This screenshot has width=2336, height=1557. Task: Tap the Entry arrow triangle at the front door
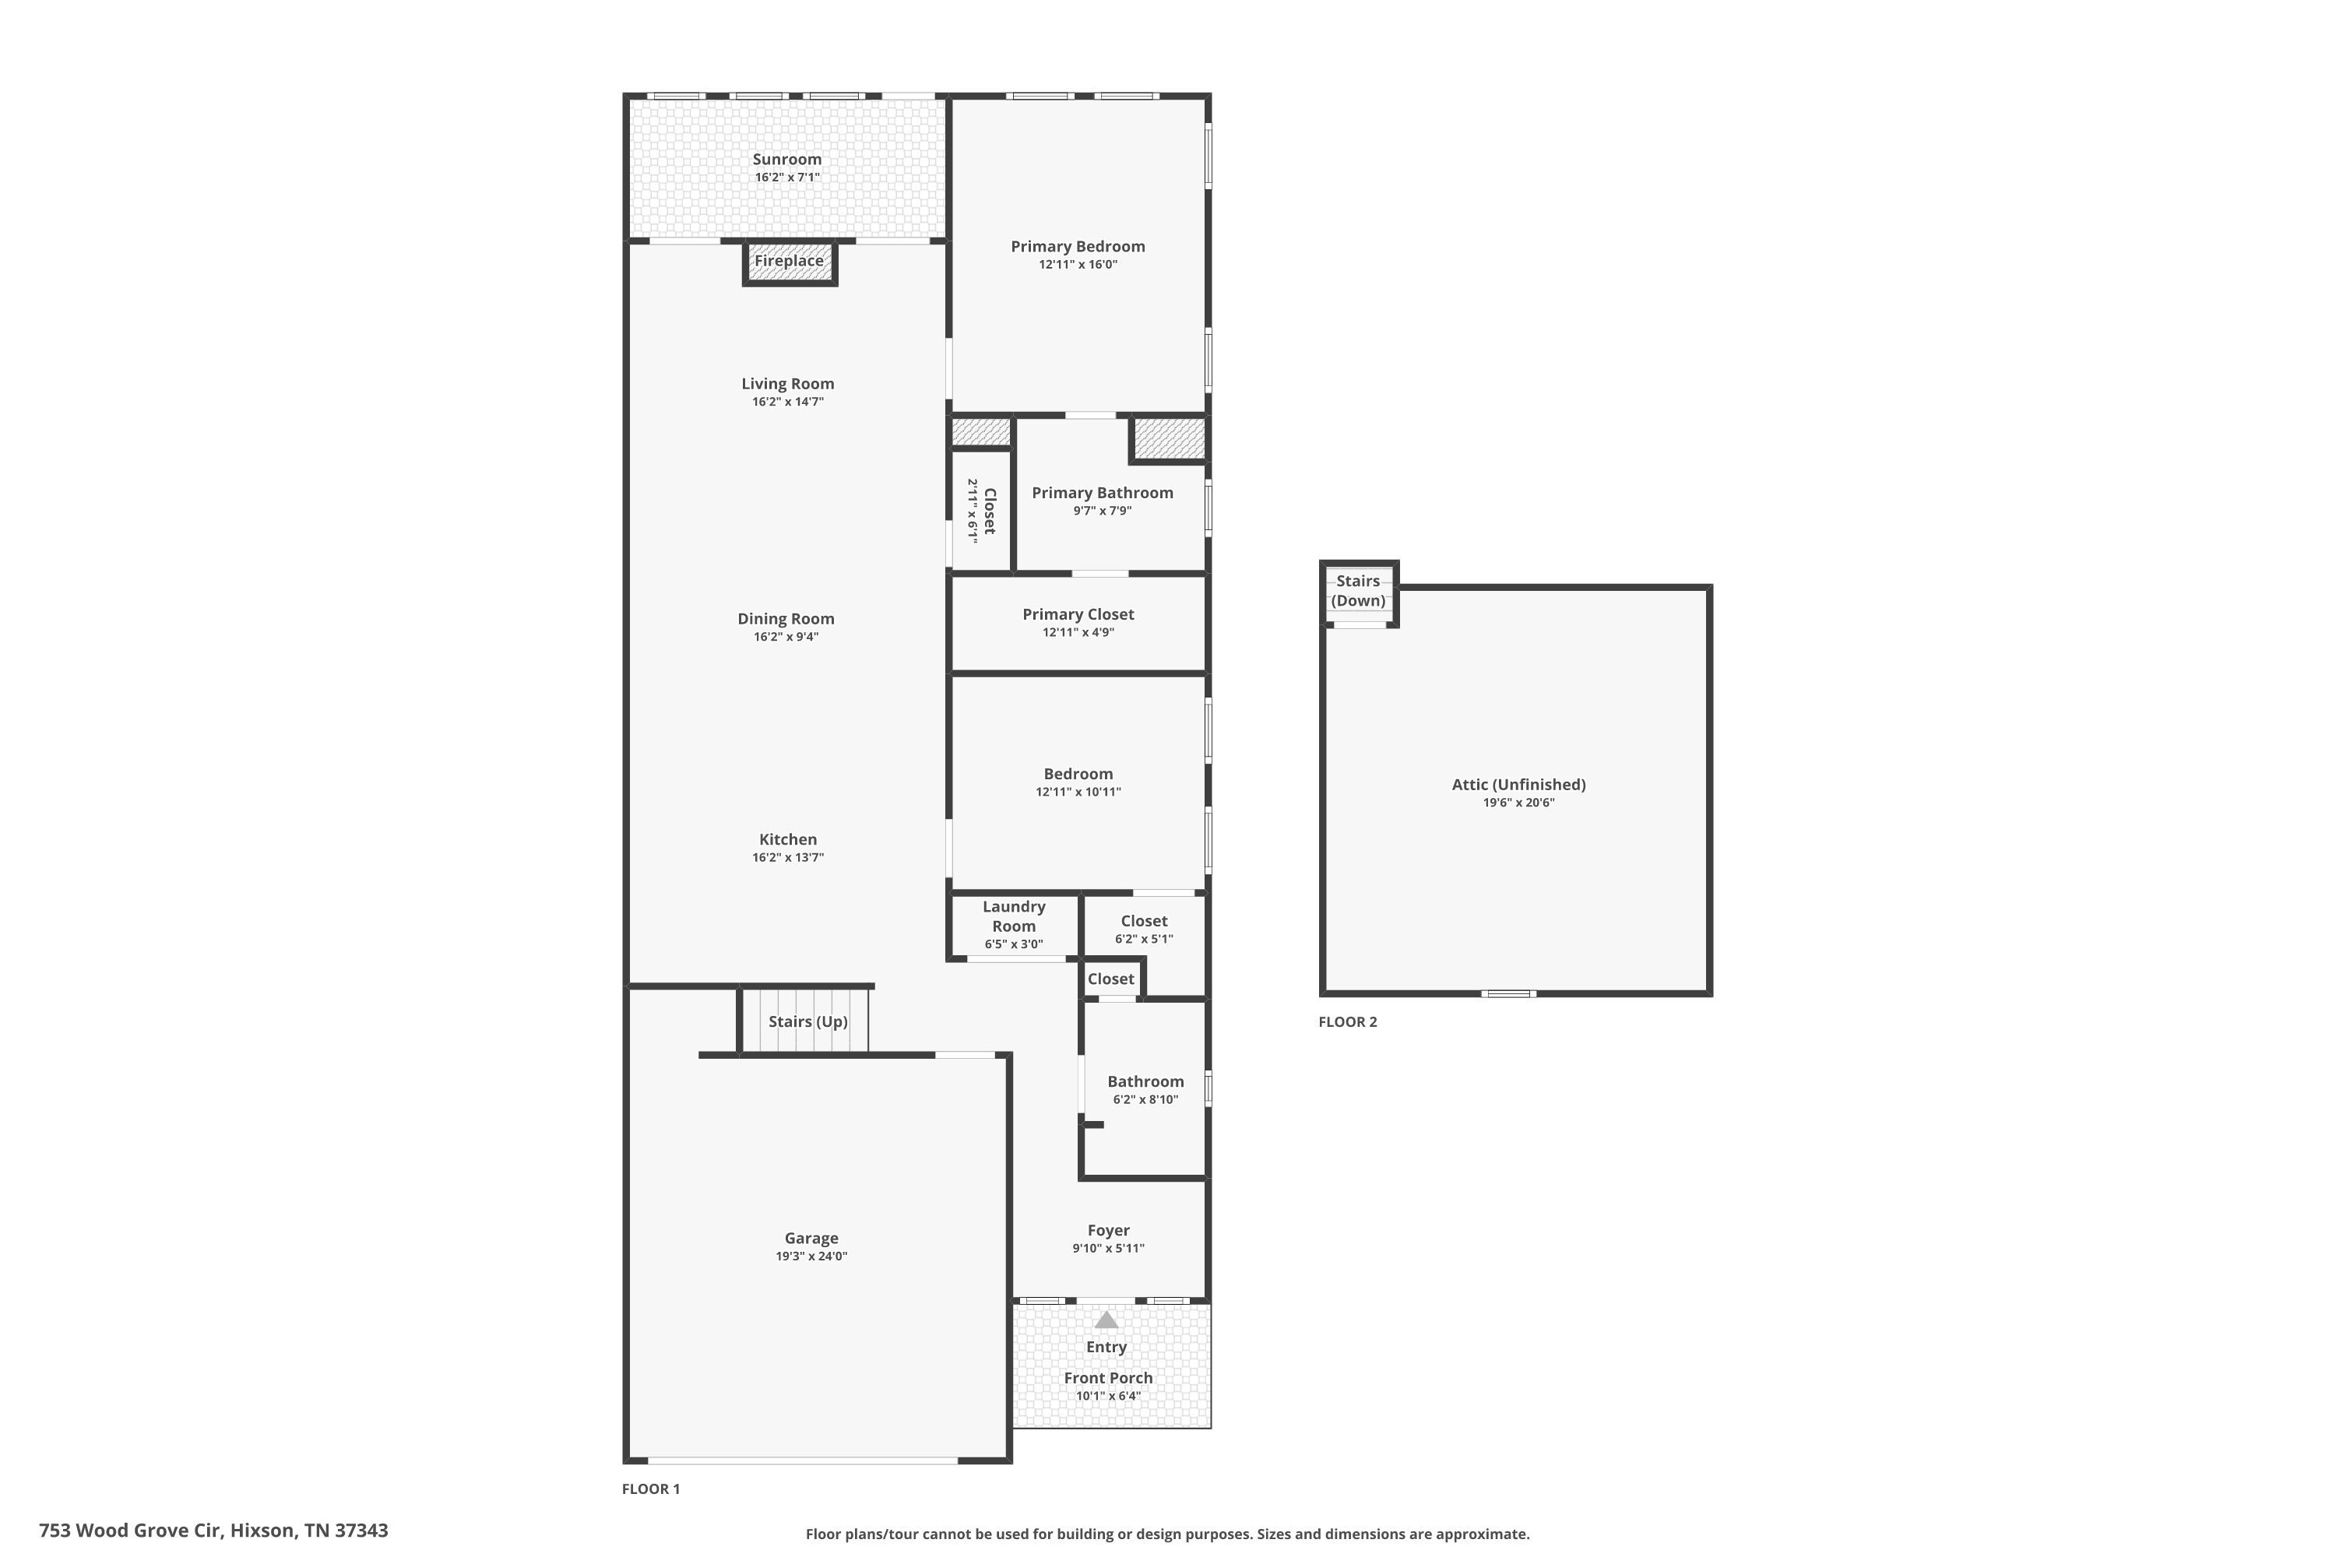[x=1106, y=1320]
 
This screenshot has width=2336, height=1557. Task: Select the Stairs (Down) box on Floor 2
[x=1358, y=592]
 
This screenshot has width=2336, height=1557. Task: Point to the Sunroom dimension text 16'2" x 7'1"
[x=786, y=177]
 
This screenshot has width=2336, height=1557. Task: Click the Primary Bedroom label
[x=1078, y=246]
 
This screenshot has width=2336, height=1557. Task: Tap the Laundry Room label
[x=1013, y=916]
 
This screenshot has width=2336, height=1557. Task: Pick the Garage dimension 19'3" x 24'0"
[x=811, y=1256]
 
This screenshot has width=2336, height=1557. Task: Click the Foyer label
[x=1108, y=1230]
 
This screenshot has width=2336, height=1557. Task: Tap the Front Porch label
[x=1107, y=1378]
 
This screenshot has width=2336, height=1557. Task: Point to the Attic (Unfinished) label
[x=1518, y=785]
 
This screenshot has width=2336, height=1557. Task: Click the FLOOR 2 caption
[x=1347, y=1021]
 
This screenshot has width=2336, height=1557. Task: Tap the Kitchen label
[x=787, y=839]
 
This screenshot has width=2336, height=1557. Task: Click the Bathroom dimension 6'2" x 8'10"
[x=1145, y=1099]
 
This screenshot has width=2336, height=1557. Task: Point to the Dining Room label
[x=786, y=619]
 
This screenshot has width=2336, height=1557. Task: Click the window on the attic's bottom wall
[x=1507, y=993]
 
